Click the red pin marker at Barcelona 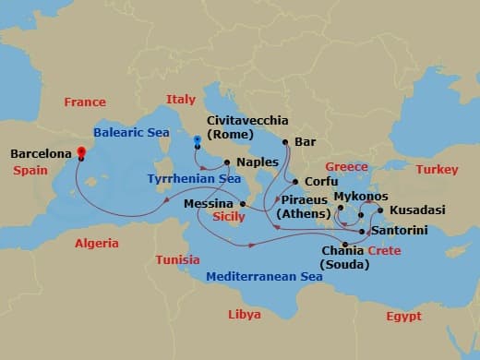tap(80, 152)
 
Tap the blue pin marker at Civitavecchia tap(198, 142)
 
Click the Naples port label tap(258, 162)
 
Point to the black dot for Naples tap(228, 162)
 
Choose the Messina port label tap(209, 203)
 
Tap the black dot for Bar tap(286, 142)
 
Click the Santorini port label tap(400, 231)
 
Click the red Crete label tap(384, 251)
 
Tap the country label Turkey tap(437, 170)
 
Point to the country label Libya tap(245, 315)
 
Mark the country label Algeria tap(97, 244)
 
